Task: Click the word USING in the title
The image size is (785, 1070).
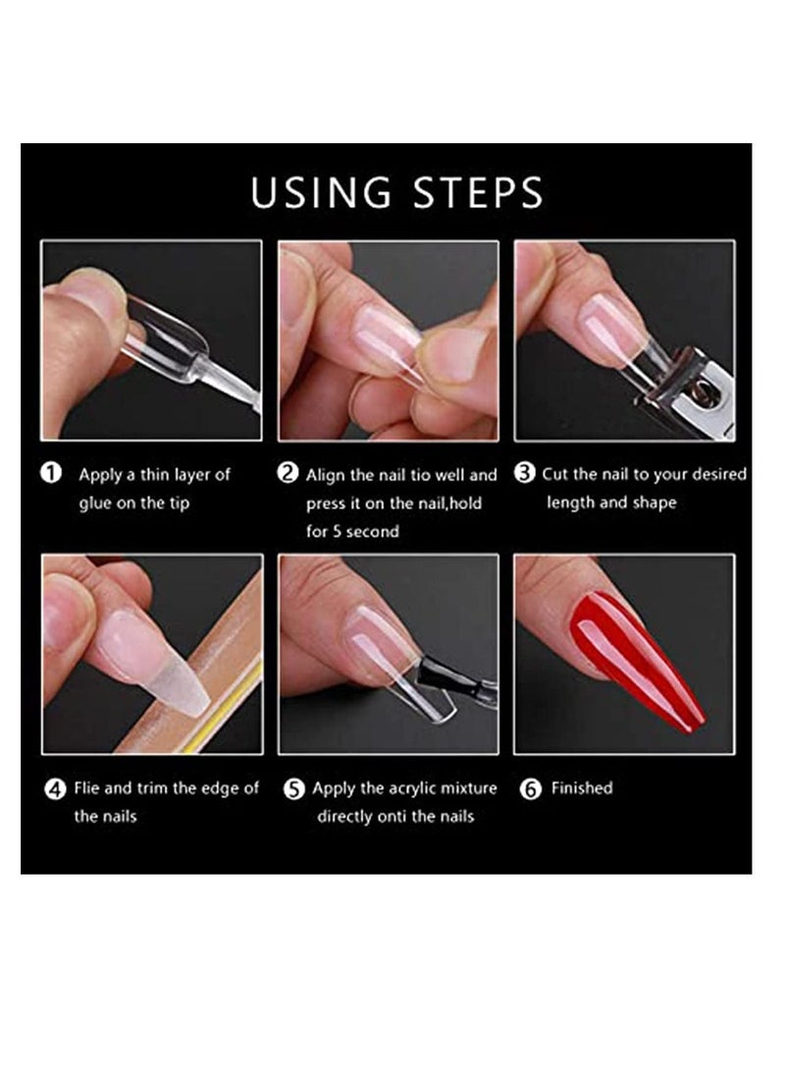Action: [315, 192]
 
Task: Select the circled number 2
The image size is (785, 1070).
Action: [288, 474]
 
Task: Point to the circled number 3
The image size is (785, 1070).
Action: [525, 474]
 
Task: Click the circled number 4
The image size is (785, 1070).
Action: [56, 789]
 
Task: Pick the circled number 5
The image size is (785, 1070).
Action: [293, 789]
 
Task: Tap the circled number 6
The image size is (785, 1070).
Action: [531, 789]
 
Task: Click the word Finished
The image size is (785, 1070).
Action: [582, 789]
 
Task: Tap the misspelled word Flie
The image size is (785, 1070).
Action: [88, 789]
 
